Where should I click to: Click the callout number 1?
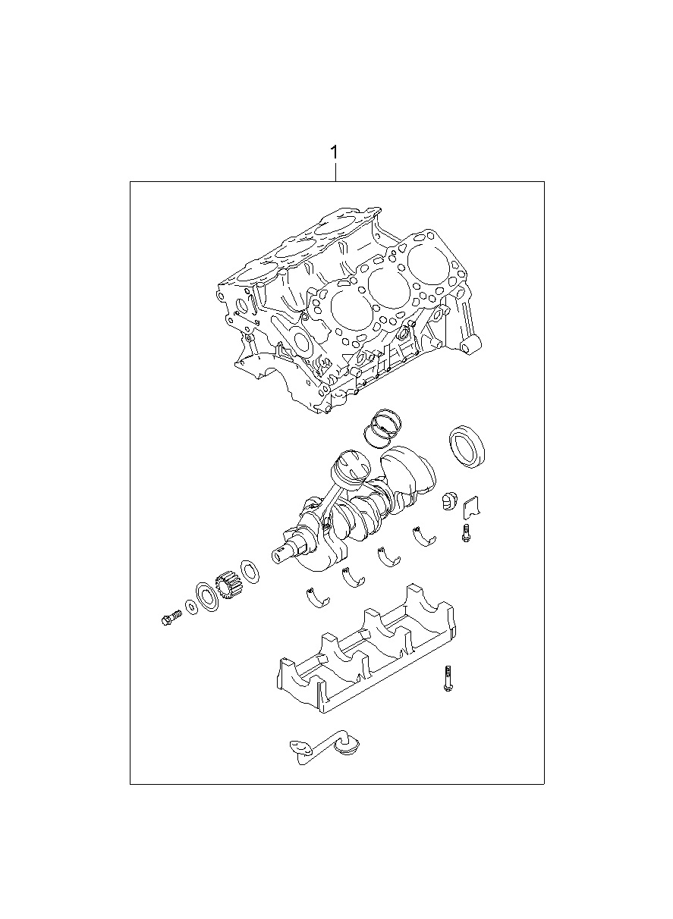coord(335,152)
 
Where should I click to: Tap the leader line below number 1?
coord(336,172)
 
